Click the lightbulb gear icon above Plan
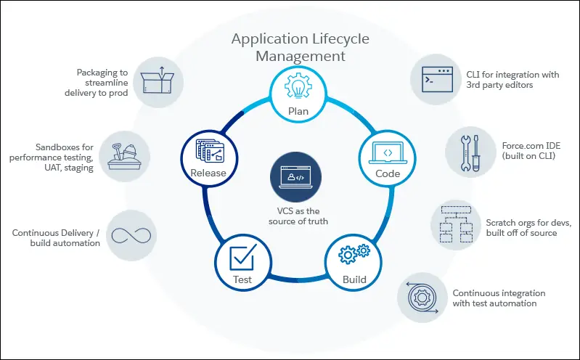[x=298, y=86]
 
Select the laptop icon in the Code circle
[x=388, y=153]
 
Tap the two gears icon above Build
[x=354, y=254]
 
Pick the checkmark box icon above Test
[x=243, y=257]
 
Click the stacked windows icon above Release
[x=210, y=150]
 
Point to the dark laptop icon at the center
[x=295, y=177]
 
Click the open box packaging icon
[x=158, y=81]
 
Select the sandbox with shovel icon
[x=124, y=157]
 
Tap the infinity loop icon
[x=131, y=236]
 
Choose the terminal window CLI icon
[x=437, y=79]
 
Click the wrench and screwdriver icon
[x=470, y=153]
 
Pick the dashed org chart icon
[x=456, y=224]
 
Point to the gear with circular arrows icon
[x=422, y=298]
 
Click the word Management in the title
[x=301, y=56]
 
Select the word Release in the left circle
[x=208, y=173]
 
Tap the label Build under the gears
[x=354, y=279]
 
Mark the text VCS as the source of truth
[x=298, y=216]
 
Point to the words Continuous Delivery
[x=52, y=233]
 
